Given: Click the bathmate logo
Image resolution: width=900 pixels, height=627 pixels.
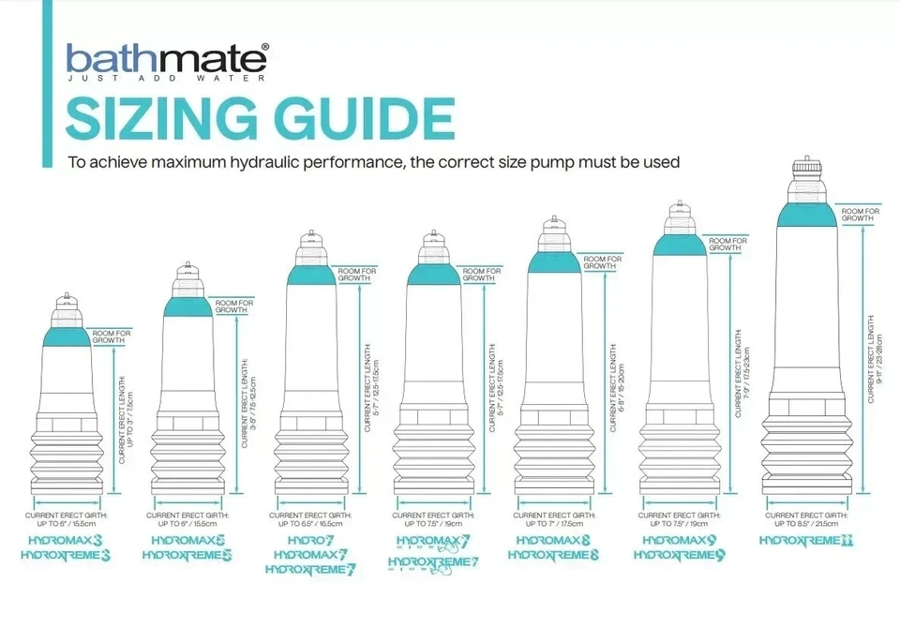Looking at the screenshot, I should click(167, 59).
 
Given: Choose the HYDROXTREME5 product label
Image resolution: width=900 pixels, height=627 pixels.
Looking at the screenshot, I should click(187, 555).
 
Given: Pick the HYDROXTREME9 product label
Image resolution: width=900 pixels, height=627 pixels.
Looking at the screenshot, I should click(679, 555).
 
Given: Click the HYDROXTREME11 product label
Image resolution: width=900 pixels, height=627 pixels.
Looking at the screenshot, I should click(806, 541).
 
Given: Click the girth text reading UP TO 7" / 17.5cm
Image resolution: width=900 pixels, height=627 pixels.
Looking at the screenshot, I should click(554, 524).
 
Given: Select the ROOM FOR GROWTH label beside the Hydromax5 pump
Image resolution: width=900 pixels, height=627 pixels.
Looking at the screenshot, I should click(232, 307).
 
